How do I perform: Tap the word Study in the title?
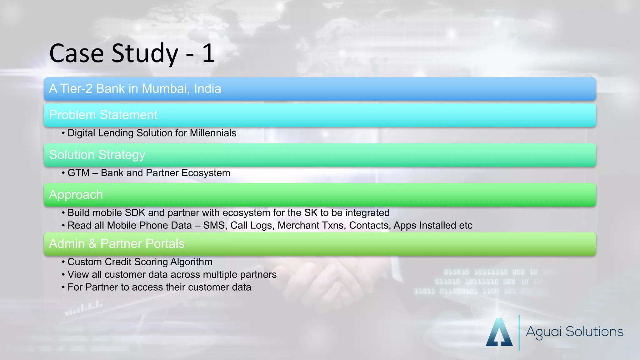pyautogui.click(x=145, y=54)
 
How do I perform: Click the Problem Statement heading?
pyautogui.click(x=103, y=115)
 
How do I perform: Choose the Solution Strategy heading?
pyautogui.click(x=97, y=155)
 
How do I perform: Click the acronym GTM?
pyautogui.click(x=78, y=173)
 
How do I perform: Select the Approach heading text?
pyautogui.click(x=76, y=195)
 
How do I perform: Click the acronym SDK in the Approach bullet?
pyautogui.click(x=135, y=213)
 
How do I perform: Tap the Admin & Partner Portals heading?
pyautogui.click(x=117, y=244)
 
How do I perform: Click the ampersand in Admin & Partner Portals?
pyautogui.click(x=92, y=244)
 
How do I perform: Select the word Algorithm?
pyautogui.click(x=191, y=262)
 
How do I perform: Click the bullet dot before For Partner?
pyautogui.click(x=63, y=287)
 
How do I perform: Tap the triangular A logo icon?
pyautogui.click(x=499, y=332)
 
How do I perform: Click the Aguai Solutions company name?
pyautogui.click(x=574, y=332)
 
